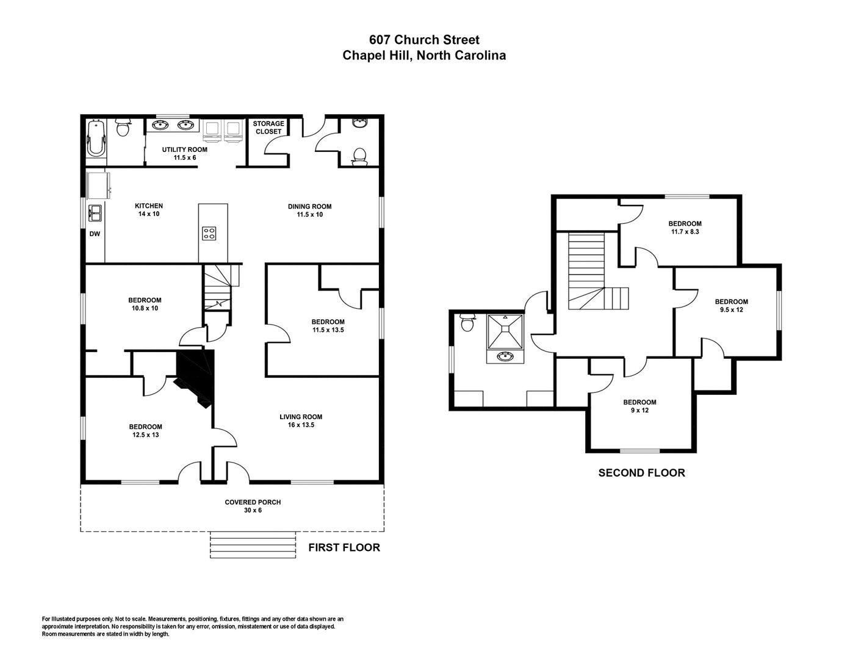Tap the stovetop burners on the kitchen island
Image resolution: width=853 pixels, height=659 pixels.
click(209, 234)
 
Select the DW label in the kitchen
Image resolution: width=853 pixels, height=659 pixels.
click(95, 234)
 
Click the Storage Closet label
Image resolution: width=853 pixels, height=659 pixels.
click(268, 128)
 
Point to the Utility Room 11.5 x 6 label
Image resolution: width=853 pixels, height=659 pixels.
click(184, 154)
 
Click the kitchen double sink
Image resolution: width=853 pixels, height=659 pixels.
click(95, 213)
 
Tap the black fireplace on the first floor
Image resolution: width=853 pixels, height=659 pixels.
click(195, 378)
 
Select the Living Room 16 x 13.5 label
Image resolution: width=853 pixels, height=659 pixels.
click(301, 421)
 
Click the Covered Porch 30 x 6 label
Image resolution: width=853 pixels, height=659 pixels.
click(253, 506)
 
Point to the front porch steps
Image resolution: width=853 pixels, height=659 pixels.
click(253, 545)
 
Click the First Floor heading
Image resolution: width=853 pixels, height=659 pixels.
click(344, 547)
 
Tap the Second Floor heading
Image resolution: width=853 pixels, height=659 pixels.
click(641, 472)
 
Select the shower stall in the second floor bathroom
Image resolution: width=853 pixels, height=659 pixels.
click(505, 331)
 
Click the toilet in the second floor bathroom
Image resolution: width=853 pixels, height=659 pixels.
click(467, 322)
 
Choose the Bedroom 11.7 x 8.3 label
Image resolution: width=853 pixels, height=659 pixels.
click(685, 228)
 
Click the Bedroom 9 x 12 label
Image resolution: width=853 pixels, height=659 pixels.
click(640, 406)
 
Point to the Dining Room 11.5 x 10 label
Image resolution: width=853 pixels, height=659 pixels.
click(310, 211)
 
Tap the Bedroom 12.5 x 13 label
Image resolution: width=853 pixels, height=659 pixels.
click(146, 431)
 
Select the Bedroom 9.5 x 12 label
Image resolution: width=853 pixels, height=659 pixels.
click(732, 305)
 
